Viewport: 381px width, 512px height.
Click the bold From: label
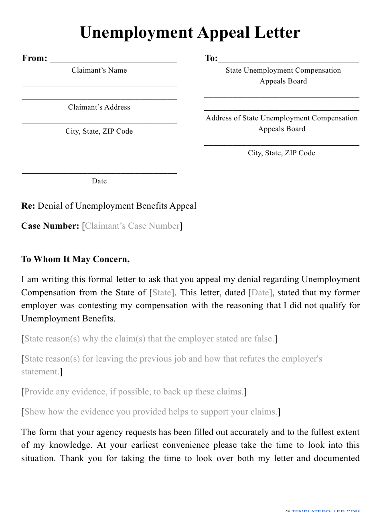pos(34,58)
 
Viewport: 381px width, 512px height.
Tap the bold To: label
pos(211,58)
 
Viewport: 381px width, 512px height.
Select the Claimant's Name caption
pos(99,70)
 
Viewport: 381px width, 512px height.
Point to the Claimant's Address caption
pos(99,107)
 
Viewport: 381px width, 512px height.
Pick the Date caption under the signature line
pos(99,181)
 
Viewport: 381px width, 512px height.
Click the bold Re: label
pos(28,206)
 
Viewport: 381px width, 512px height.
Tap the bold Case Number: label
pos(50,226)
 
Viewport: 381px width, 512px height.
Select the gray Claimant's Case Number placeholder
pos(132,226)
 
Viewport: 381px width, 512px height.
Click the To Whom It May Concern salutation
pos(75,259)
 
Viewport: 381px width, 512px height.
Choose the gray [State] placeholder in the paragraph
pos(162,293)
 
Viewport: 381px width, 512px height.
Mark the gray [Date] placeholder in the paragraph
pos(260,293)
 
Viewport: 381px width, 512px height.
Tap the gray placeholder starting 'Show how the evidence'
pos(150,412)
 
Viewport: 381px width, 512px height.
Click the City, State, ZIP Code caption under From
pos(99,131)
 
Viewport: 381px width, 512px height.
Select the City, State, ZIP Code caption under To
pos(282,153)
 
